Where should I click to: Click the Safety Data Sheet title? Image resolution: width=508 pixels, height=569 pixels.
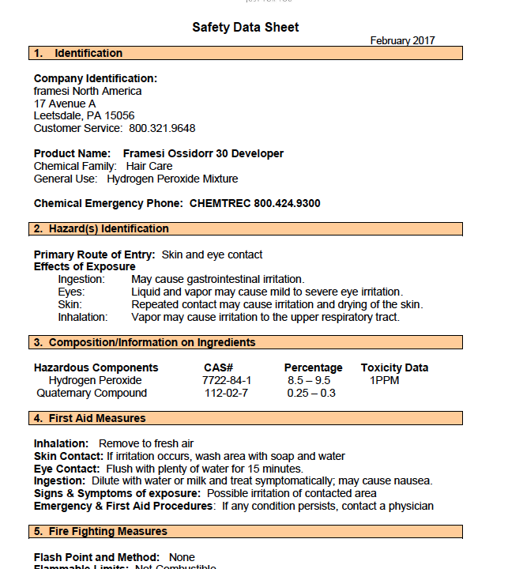[x=246, y=28]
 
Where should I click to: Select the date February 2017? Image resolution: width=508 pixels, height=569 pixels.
[x=402, y=41]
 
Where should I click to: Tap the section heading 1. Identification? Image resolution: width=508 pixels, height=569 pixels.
[x=78, y=54]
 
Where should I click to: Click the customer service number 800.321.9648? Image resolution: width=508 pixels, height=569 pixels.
[x=162, y=128]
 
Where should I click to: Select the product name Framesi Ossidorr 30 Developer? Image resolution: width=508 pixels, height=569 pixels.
[x=203, y=153]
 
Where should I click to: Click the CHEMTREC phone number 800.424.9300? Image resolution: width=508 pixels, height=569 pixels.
[x=287, y=203]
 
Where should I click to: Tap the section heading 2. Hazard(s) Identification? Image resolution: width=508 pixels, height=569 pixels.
[x=101, y=229]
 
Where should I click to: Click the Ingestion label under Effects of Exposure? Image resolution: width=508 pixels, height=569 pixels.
[x=81, y=279]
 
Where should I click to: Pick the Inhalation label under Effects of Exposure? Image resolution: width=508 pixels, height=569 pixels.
[x=83, y=317]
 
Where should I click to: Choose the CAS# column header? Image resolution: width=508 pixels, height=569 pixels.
[x=218, y=367]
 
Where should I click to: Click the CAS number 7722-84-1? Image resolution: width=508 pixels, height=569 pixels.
[x=227, y=380]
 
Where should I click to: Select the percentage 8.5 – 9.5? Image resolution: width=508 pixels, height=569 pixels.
[x=309, y=380]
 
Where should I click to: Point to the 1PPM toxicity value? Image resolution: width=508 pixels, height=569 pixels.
[x=385, y=380]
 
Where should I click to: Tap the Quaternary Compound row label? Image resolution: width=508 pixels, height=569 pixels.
[x=92, y=393]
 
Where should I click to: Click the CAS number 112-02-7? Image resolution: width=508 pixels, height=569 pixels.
[x=227, y=393]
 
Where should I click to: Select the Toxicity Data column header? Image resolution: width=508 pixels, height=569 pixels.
[x=394, y=367]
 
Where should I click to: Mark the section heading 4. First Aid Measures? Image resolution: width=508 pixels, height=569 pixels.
[x=90, y=419]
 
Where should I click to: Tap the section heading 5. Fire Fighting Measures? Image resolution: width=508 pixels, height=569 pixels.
[x=100, y=532]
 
